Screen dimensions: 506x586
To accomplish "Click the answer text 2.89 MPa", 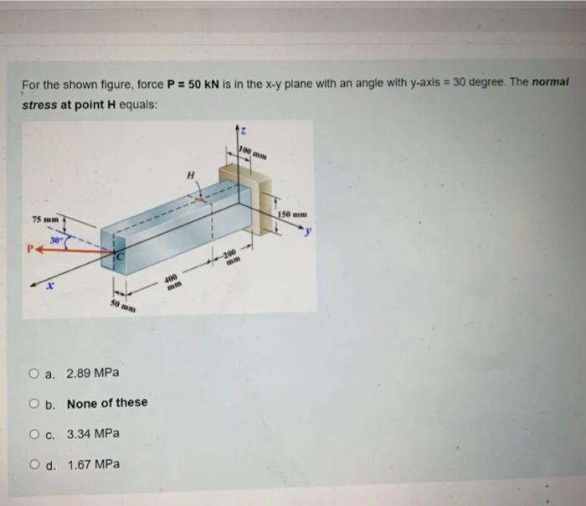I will tap(93, 372).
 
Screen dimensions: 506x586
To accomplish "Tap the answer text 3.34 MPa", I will tap(93, 434).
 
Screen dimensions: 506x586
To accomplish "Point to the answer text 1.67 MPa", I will tap(93, 464).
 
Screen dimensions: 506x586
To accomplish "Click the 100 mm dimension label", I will tap(253, 152).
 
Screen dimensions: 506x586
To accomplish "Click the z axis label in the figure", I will tap(242, 130).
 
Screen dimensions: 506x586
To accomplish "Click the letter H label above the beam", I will tap(191, 174).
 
